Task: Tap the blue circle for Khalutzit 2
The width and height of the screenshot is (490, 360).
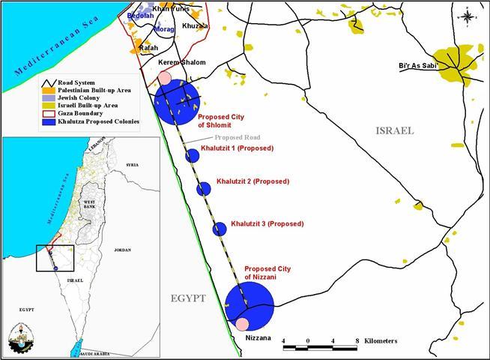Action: (204, 188)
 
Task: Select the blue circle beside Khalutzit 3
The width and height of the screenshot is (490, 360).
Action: (220, 229)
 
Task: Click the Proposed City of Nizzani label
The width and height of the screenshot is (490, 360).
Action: (267, 273)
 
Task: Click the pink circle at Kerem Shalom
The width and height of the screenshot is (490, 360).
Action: (165, 78)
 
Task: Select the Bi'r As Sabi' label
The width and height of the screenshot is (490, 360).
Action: (417, 65)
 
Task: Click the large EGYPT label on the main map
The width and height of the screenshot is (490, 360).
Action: (187, 298)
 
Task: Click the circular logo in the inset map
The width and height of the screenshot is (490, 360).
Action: (25, 337)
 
